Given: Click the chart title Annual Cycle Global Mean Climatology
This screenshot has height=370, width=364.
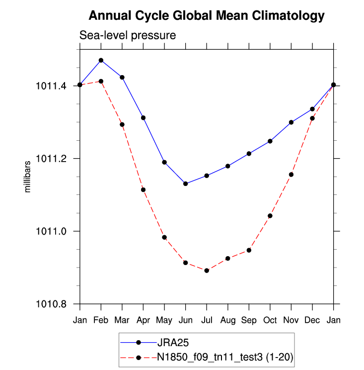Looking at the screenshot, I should pyautogui.click(x=206, y=16).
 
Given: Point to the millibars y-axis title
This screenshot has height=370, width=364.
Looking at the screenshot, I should pyautogui.click(x=28, y=177).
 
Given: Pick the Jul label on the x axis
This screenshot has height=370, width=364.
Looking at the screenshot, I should pyautogui.click(x=207, y=319).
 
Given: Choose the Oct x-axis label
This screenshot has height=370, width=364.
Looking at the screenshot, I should pyautogui.click(x=270, y=319).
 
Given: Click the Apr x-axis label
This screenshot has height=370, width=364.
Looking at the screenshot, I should pyautogui.click(x=143, y=319).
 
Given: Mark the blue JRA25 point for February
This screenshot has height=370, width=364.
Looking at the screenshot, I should pyautogui.click(x=101, y=60).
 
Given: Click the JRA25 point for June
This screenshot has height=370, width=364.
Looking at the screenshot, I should pyautogui.click(x=185, y=184).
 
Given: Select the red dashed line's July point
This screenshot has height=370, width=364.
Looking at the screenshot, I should pyautogui.click(x=207, y=271).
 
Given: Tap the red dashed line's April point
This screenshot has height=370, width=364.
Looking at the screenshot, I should pyautogui.click(x=143, y=189).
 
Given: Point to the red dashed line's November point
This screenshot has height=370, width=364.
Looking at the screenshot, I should pyautogui.click(x=291, y=175).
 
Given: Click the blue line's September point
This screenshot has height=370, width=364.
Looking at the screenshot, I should pyautogui.click(x=249, y=154).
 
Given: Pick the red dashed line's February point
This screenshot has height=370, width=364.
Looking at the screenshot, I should pyautogui.click(x=101, y=81).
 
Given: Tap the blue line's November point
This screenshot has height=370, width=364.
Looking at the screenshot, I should pyautogui.click(x=291, y=122).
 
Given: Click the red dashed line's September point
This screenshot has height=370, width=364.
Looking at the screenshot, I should pyautogui.click(x=249, y=250).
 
